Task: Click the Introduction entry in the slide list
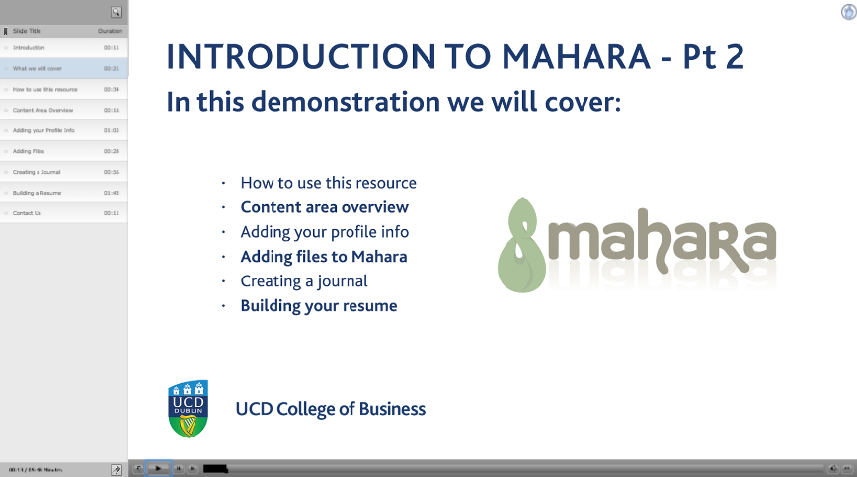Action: pos(30,47)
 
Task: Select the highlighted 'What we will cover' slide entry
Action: pos(39,69)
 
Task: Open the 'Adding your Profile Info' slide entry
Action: pos(43,130)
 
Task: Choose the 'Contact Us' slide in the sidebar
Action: pos(28,212)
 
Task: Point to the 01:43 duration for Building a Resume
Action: pos(111,193)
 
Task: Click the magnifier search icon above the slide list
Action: pos(117,12)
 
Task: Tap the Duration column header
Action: pos(111,31)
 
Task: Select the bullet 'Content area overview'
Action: pos(324,207)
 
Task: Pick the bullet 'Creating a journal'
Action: pos(304,281)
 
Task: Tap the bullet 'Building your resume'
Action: pos(318,306)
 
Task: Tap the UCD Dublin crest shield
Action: pos(189,408)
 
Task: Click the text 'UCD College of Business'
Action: pos(330,409)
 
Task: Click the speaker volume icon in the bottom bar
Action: pos(833,468)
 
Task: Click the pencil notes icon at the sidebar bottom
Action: pos(117,469)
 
